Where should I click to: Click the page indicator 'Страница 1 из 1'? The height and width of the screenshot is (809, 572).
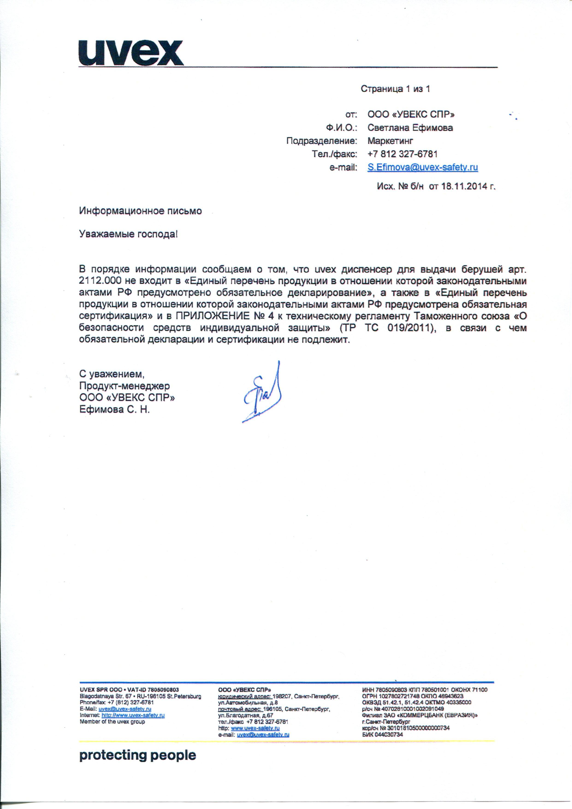(395, 89)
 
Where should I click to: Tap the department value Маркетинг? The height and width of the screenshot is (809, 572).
(390, 141)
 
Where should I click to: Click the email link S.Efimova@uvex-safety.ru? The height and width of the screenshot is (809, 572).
(423, 167)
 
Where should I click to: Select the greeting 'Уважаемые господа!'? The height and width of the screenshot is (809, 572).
(129, 234)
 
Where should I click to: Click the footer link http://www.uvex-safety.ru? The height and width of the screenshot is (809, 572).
(133, 715)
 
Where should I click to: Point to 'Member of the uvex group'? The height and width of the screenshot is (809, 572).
(112, 721)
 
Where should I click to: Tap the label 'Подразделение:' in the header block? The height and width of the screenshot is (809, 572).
(321, 141)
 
